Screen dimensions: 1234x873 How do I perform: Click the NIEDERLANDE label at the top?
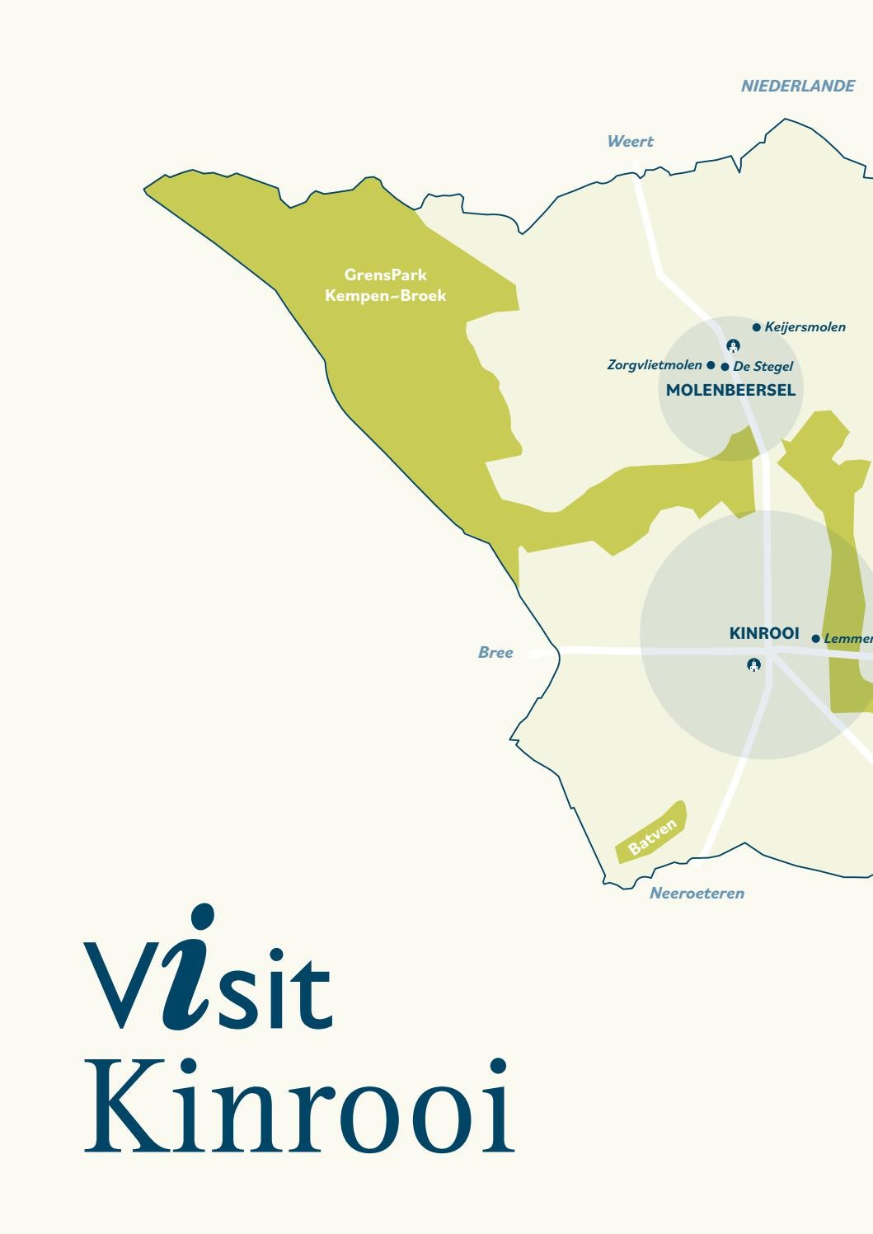point(797,87)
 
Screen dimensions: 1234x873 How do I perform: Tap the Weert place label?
point(630,142)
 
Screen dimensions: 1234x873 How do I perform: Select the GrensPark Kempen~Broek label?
point(386,285)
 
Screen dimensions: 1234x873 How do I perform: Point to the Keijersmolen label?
point(805,327)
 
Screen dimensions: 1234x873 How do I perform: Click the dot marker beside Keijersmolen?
point(757,327)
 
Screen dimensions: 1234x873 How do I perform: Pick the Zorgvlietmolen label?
point(655,364)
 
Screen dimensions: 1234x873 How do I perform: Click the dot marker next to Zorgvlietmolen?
point(711,364)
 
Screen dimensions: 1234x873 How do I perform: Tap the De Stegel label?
point(763,367)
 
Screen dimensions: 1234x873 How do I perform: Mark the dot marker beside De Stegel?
point(725,367)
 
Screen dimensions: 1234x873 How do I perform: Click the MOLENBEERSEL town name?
point(730,391)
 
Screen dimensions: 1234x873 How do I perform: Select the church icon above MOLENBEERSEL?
point(733,345)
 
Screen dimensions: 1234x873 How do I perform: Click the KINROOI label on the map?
point(764,633)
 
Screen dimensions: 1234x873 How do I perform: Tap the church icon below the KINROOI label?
point(753,664)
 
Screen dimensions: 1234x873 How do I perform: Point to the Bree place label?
point(495,653)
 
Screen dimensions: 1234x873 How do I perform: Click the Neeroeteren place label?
point(697,894)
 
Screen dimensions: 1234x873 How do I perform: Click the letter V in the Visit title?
point(121,985)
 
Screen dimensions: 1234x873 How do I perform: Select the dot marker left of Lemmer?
point(816,639)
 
